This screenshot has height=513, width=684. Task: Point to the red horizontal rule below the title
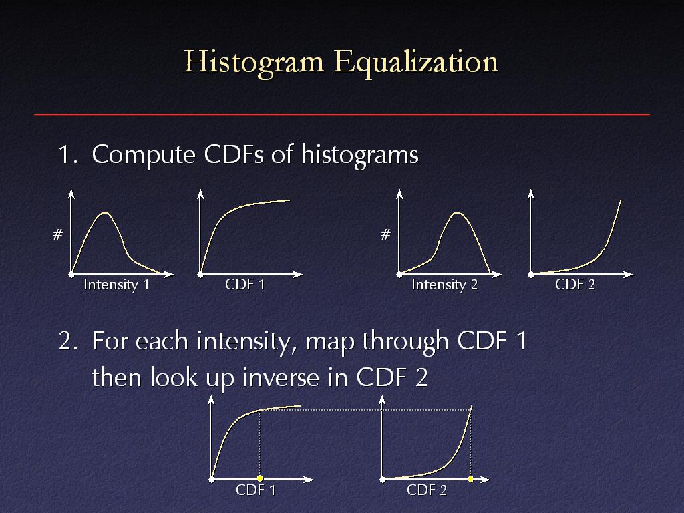pos(342,115)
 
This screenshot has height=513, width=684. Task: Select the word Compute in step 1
pos(144,155)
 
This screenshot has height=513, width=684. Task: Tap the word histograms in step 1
pos(360,155)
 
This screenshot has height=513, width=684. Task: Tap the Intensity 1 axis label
pos(116,285)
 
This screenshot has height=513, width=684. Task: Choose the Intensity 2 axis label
pos(444,285)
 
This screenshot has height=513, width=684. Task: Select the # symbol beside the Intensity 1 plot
pos(57,235)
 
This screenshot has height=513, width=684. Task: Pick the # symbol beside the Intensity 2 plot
pos(385,235)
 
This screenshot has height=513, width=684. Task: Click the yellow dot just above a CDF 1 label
pos(260,478)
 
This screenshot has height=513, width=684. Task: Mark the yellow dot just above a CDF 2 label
pos(471,479)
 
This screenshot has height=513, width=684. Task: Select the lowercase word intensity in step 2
pos(243,342)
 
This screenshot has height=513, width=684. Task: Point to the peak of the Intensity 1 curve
pos(105,213)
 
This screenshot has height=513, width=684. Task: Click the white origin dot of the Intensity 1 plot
pos(71,275)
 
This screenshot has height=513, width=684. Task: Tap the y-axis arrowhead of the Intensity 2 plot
pos(399,194)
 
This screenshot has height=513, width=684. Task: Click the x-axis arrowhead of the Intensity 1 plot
pos(168,274)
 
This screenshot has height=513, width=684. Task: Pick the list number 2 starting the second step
pos(67,342)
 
